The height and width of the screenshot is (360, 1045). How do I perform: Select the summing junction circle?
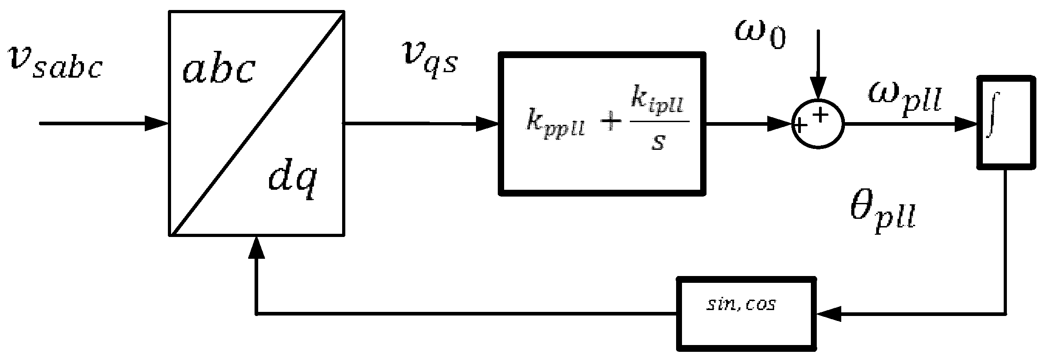coord(817,123)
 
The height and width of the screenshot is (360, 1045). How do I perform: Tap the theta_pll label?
coord(883,217)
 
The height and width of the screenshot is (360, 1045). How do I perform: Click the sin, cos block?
coord(746,313)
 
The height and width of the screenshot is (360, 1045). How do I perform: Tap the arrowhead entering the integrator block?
coord(966,123)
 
